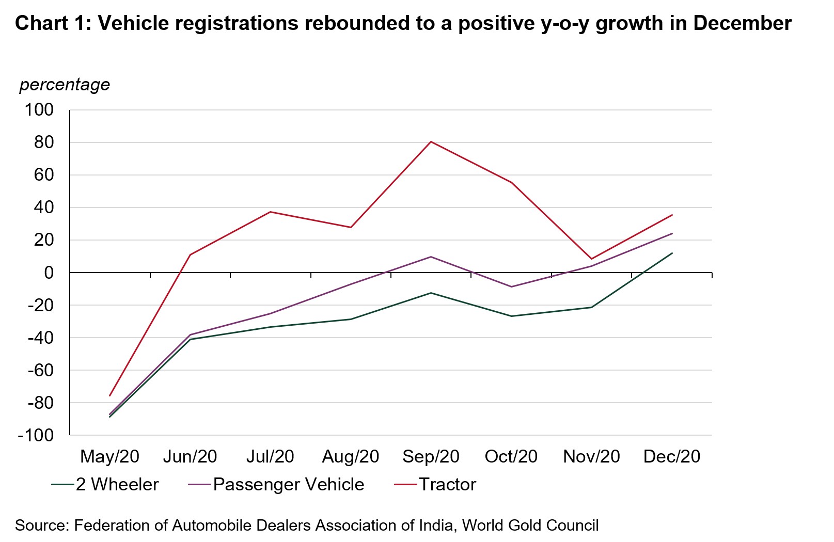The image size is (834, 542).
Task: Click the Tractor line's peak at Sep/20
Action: (431, 141)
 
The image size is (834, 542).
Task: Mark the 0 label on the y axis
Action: (49, 273)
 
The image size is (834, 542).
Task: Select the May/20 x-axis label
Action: (109, 456)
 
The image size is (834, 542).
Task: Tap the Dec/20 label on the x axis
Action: (672, 456)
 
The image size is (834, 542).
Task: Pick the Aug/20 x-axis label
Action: (351, 456)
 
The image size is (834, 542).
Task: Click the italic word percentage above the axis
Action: (65, 84)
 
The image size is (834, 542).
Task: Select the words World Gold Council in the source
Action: (530, 525)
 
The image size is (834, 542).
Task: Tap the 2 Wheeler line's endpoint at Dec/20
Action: (672, 253)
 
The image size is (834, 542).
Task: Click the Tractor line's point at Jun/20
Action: (190, 254)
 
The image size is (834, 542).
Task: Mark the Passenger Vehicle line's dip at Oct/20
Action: (511, 286)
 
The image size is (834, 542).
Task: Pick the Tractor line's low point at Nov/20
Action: (591, 259)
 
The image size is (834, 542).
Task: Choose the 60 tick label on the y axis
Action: (44, 174)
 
